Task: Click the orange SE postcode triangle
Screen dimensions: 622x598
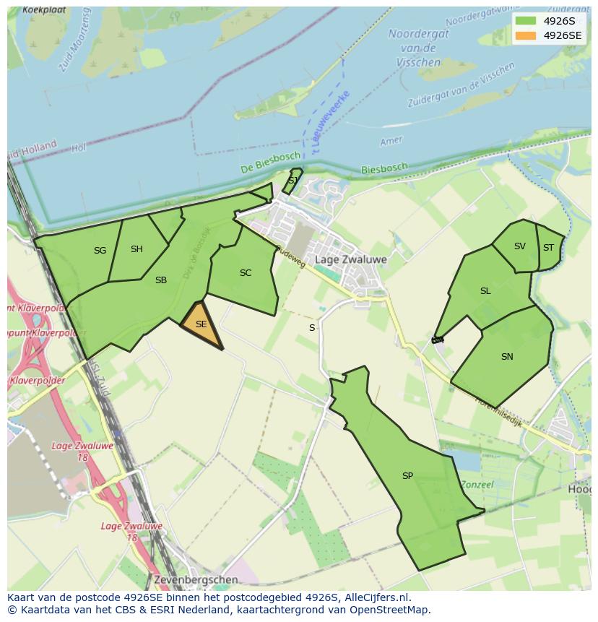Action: point(201,326)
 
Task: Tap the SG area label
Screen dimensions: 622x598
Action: point(100,251)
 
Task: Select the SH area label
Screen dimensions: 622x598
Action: point(136,249)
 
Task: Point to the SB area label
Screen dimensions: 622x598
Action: point(161,280)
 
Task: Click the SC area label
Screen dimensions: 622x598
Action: point(246,273)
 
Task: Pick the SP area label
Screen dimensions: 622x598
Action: point(407,476)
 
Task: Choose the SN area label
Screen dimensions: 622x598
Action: point(507,357)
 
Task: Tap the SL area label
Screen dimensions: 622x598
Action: point(485,291)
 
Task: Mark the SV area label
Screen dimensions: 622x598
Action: point(520,246)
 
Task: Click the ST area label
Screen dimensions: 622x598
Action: point(548,248)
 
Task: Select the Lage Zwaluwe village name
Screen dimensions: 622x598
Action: point(351,259)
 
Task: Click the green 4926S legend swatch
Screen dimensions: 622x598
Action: point(526,21)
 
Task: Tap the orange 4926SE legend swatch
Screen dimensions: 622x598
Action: point(526,35)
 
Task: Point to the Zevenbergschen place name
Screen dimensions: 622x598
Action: point(196,579)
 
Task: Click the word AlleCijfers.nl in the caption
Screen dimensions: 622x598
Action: point(377,597)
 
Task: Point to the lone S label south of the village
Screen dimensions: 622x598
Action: point(312,328)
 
